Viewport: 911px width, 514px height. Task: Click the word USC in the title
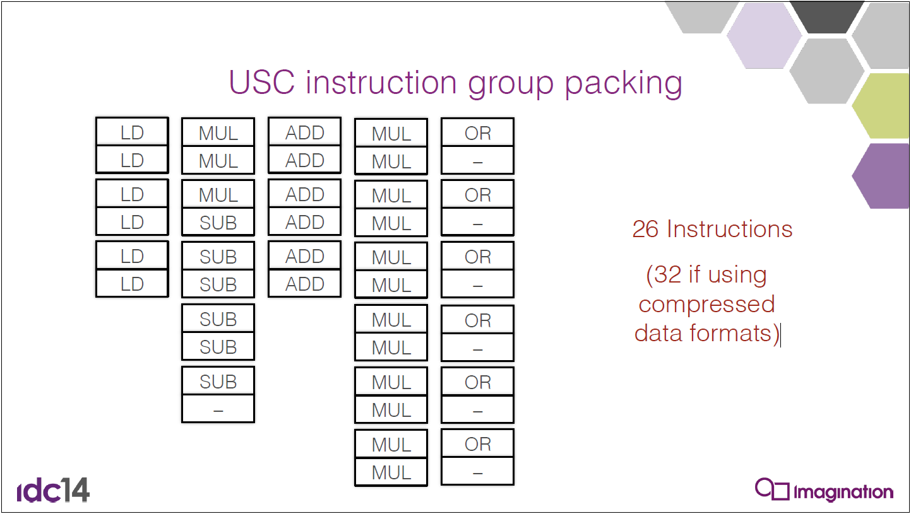pyautogui.click(x=261, y=83)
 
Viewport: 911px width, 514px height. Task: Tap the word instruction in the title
pyautogui.click(x=381, y=83)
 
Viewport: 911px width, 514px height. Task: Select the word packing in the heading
pyautogui.click(x=624, y=85)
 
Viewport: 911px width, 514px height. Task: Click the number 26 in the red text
pyautogui.click(x=645, y=229)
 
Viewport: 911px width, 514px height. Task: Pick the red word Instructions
pyautogui.click(x=730, y=229)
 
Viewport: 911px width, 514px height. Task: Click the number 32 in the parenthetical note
pyautogui.click(x=667, y=274)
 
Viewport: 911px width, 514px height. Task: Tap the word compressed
pyautogui.click(x=706, y=305)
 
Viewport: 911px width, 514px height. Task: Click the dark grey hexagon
pyautogui.click(x=827, y=16)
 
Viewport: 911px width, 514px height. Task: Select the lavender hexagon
pyautogui.click(x=764, y=36)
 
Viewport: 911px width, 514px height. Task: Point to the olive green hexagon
pyautogui.click(x=882, y=106)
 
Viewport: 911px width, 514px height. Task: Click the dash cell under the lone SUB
pyautogui.click(x=218, y=409)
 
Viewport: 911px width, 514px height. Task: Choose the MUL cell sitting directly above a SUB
pyautogui.click(x=218, y=194)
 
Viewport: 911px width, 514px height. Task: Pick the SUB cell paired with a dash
pyautogui.click(x=218, y=381)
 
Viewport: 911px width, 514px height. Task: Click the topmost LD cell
pyautogui.click(x=132, y=131)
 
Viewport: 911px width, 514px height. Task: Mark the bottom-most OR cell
pyautogui.click(x=478, y=443)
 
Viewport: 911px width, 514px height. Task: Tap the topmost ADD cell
pyautogui.click(x=305, y=131)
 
